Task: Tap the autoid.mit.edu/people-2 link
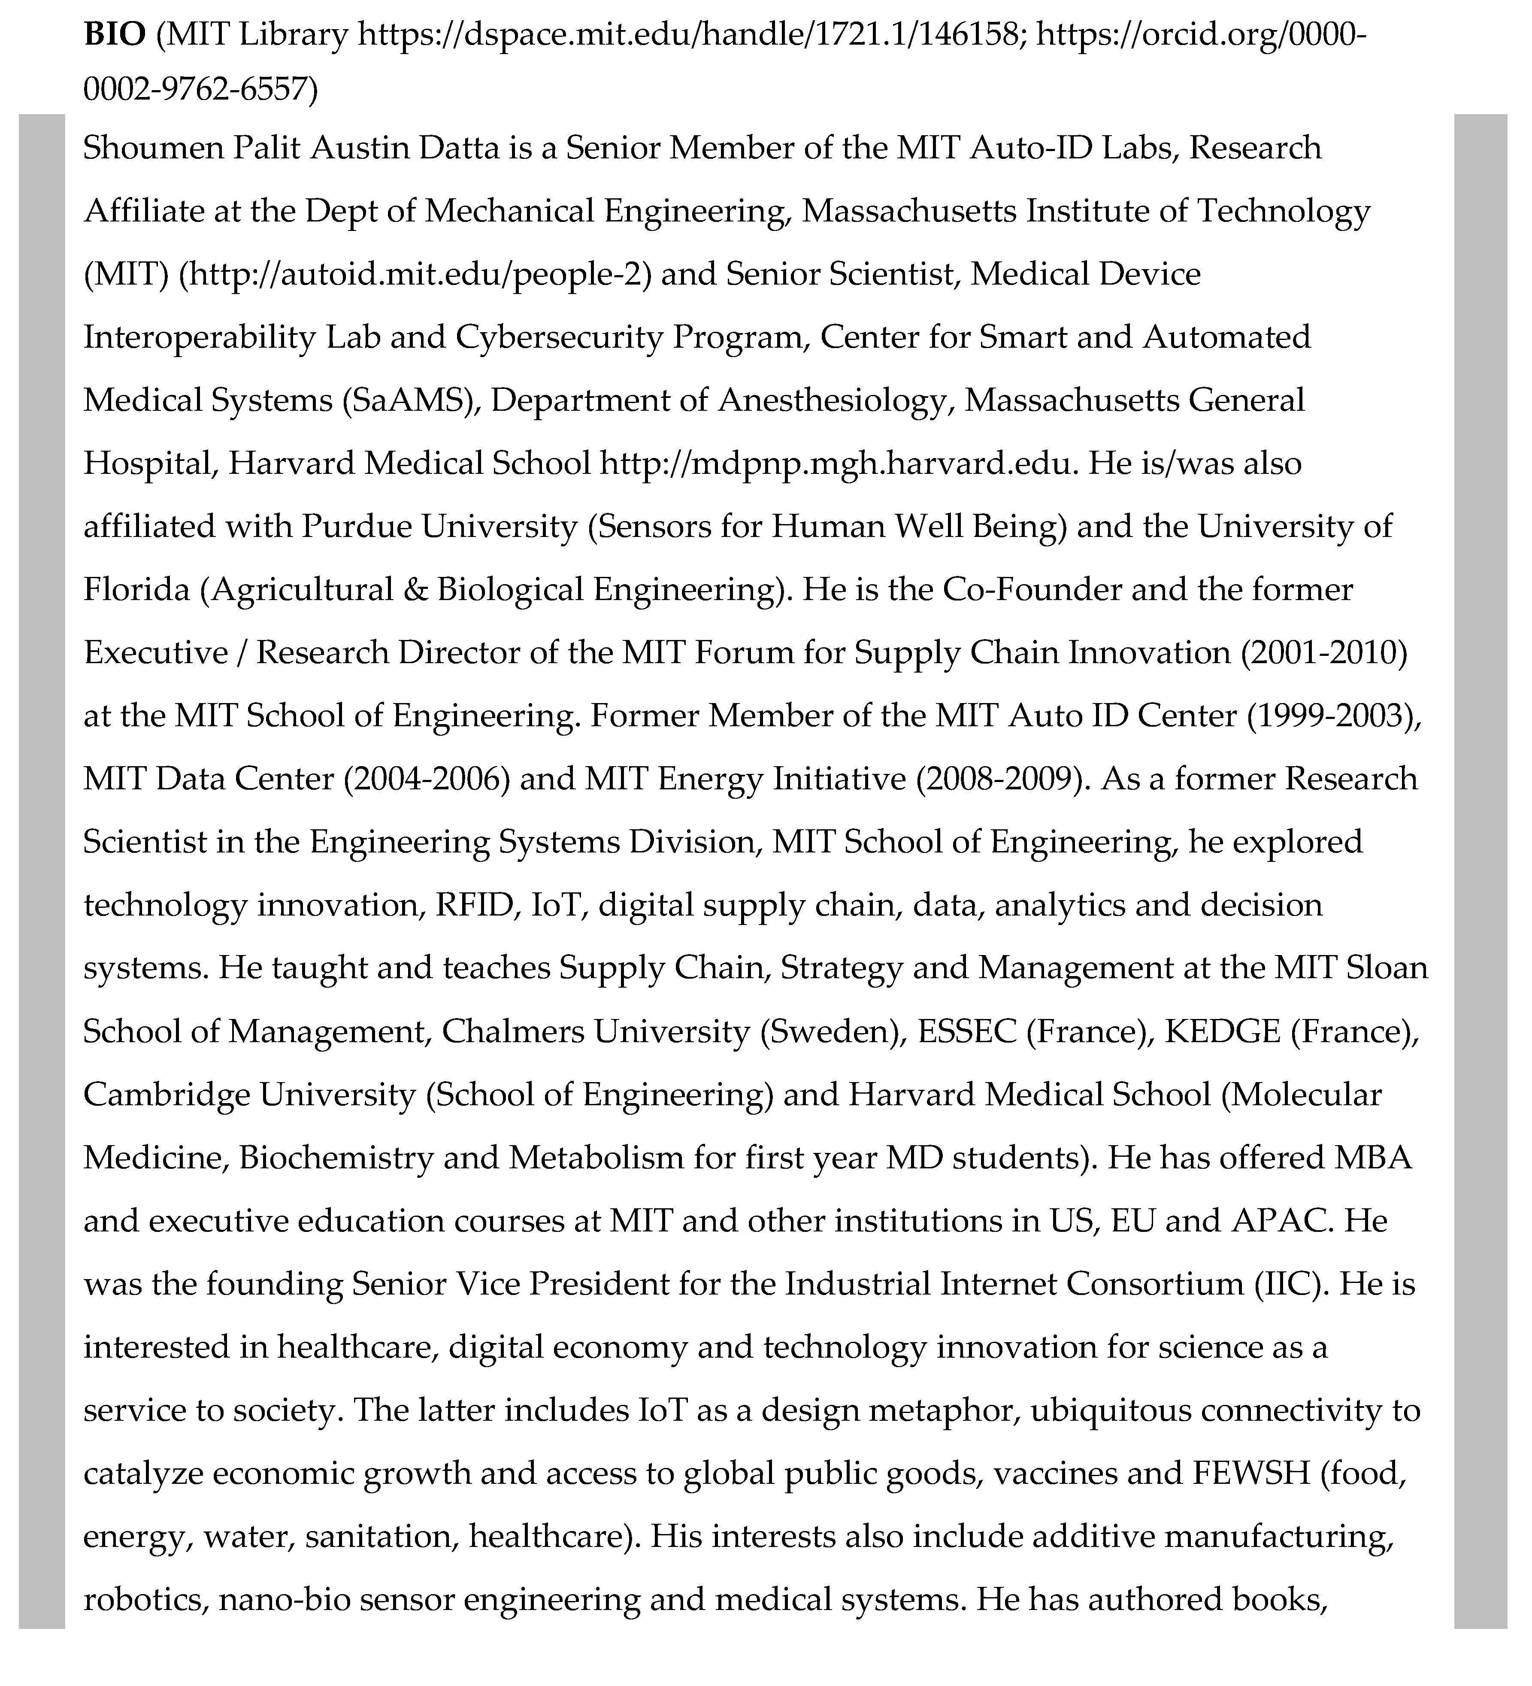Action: point(415,274)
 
